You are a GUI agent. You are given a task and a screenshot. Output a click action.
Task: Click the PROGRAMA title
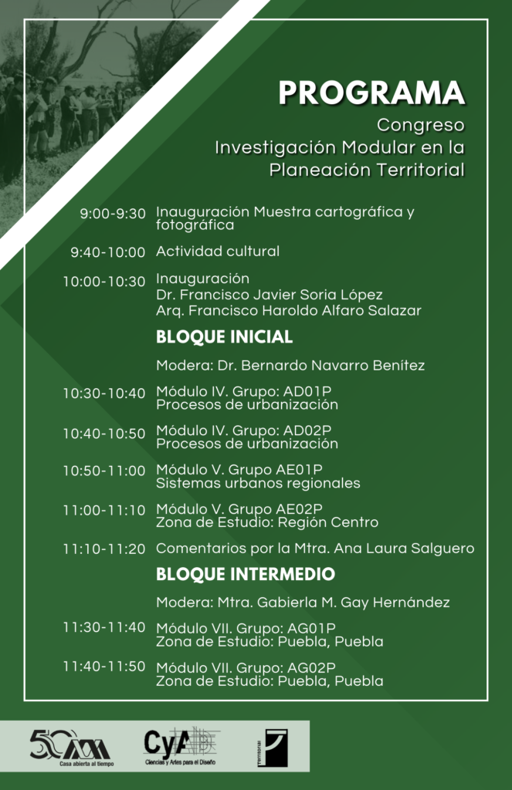(371, 93)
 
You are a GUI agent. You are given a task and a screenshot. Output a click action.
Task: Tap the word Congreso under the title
(420, 124)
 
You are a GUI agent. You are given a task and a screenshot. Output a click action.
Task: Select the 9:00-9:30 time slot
(113, 214)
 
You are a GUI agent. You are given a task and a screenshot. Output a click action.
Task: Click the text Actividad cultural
(218, 252)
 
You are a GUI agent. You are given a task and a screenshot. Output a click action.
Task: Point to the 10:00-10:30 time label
(104, 282)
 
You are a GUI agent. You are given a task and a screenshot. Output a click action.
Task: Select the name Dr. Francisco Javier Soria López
(269, 295)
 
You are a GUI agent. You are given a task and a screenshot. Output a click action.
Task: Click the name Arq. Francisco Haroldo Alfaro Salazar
(288, 310)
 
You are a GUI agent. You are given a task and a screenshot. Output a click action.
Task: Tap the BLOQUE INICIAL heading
(224, 337)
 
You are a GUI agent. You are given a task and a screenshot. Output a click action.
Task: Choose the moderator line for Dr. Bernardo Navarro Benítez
(290, 365)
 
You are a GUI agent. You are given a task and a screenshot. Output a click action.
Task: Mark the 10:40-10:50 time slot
(104, 434)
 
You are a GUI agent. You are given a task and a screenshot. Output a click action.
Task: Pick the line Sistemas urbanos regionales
(258, 484)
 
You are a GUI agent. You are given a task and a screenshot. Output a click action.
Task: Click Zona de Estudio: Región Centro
(267, 522)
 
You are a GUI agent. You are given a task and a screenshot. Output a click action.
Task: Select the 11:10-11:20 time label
(104, 549)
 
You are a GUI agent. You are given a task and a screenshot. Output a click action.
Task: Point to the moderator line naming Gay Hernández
(303, 602)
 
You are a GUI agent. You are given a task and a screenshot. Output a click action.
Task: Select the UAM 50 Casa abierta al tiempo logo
(70, 745)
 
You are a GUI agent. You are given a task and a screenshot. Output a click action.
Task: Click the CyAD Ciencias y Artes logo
(181, 745)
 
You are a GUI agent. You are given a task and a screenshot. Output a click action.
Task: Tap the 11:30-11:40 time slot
(104, 627)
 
